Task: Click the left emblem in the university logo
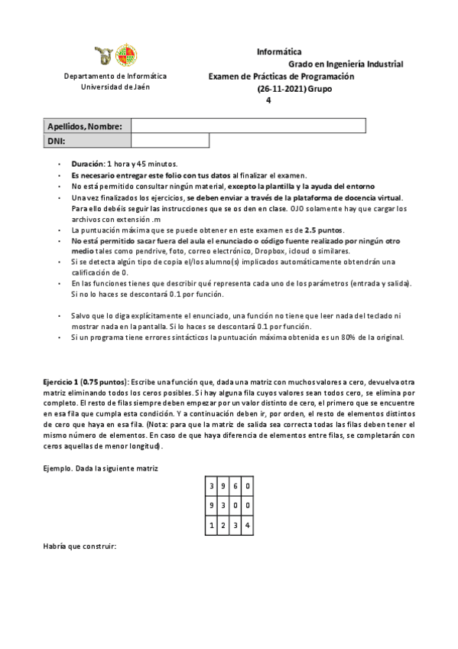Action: point(103,55)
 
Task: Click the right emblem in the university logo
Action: point(127,55)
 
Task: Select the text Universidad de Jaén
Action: point(115,86)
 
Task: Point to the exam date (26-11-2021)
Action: point(281,89)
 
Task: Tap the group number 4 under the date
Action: point(268,100)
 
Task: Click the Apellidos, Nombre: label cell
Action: point(85,126)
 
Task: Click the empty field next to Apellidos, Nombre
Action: point(248,126)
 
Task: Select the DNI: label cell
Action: point(85,141)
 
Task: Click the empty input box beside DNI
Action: point(170,141)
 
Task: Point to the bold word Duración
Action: point(88,164)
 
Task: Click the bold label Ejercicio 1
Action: point(61,380)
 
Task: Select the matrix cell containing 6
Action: point(235,485)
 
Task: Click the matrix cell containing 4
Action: point(248,524)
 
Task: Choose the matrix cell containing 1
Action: point(211,524)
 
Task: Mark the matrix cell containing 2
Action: point(223,524)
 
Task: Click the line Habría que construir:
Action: point(79,546)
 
